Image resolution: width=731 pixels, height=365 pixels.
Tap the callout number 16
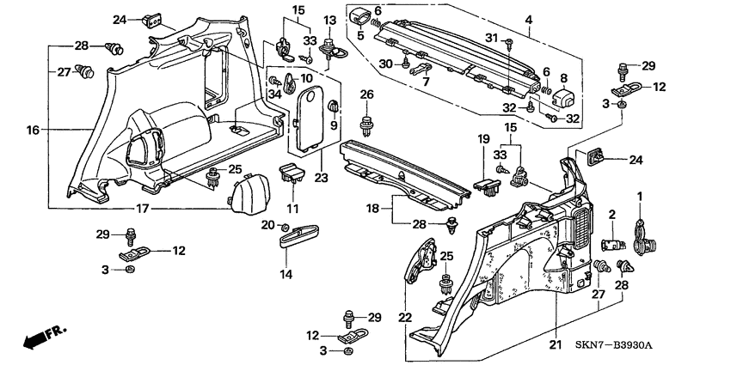click(x=33, y=131)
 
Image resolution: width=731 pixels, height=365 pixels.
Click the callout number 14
click(x=286, y=274)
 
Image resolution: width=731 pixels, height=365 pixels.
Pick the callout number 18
click(x=374, y=209)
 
